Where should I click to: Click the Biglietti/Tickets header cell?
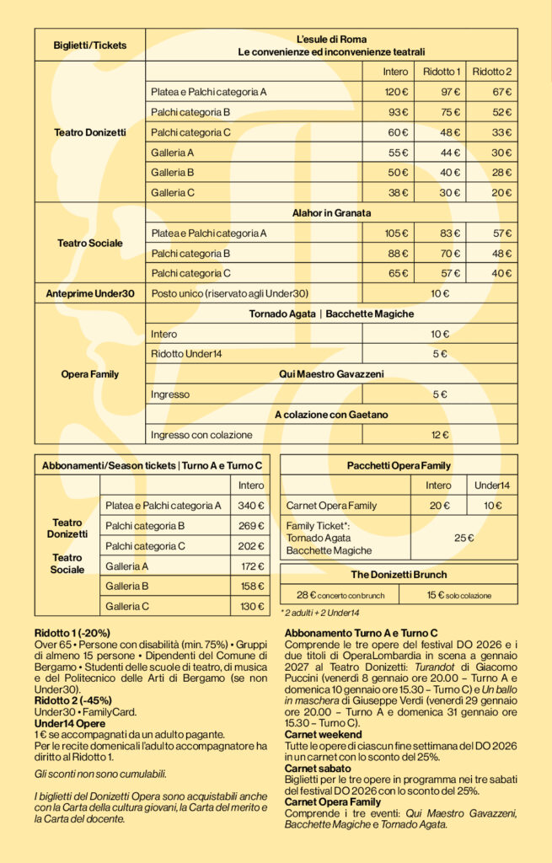click(89, 45)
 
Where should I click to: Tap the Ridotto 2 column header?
click(492, 71)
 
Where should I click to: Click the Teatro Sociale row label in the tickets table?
click(89, 243)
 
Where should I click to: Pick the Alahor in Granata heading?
click(332, 213)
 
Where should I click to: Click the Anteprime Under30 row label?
click(89, 293)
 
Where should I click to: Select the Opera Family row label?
click(89, 374)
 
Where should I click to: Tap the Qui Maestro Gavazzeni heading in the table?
click(332, 374)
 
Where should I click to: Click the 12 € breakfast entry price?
click(440, 435)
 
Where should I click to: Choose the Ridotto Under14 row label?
click(186, 354)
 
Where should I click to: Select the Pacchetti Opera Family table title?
click(399, 465)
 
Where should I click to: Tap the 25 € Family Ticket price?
click(464, 538)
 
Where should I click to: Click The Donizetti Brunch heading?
click(399, 575)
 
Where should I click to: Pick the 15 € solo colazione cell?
click(458, 595)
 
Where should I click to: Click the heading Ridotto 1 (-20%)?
click(72, 633)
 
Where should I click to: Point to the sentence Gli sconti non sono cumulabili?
click(100, 774)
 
